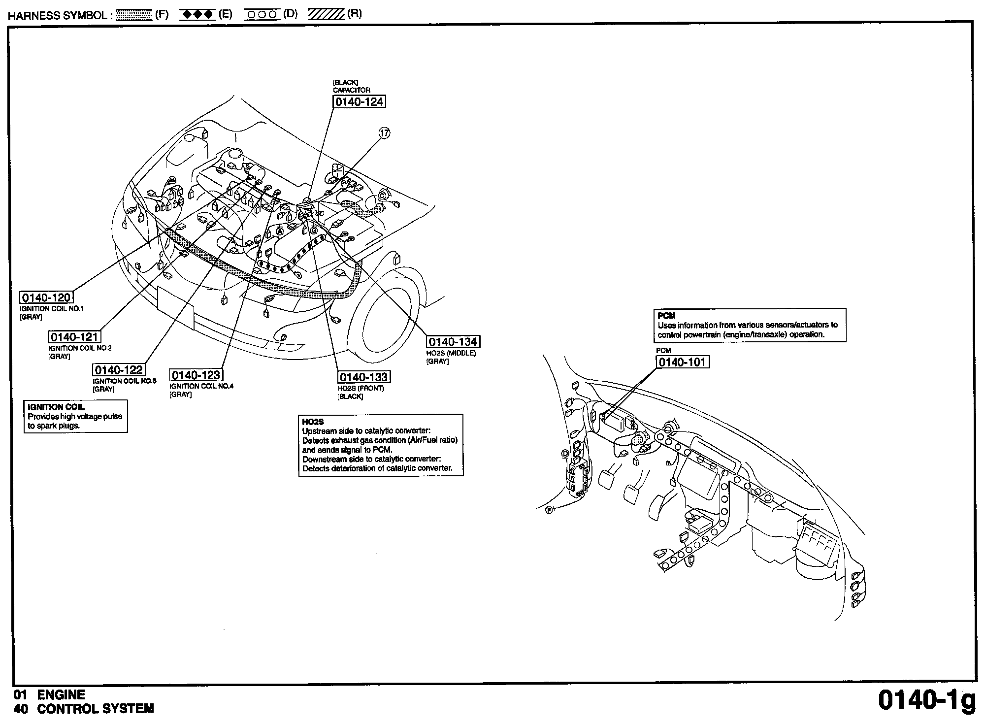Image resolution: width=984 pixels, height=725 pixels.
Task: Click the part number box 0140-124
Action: (x=359, y=102)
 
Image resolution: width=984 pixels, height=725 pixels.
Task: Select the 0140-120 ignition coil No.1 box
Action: (x=46, y=297)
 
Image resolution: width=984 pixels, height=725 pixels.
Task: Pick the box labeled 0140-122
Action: (x=119, y=370)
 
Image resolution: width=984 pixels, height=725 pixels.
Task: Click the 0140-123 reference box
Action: (x=196, y=375)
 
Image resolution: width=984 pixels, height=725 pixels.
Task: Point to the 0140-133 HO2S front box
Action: (x=364, y=377)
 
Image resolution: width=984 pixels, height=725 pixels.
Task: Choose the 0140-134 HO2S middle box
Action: (x=453, y=342)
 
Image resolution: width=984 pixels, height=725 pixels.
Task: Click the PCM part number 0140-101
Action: (x=683, y=362)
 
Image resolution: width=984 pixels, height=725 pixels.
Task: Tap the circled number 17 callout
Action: (x=384, y=133)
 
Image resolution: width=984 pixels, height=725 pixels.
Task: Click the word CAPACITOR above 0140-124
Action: (x=352, y=90)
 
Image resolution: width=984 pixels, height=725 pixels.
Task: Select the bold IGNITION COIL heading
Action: (x=56, y=407)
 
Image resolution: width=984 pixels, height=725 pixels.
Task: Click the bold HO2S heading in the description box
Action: (x=313, y=422)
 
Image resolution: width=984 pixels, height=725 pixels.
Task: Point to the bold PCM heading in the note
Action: (x=666, y=316)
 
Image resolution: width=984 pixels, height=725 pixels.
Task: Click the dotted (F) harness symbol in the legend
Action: (x=134, y=15)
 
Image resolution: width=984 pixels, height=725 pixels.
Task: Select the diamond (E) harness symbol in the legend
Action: (x=197, y=15)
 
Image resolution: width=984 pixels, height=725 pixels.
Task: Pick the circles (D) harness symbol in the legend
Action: (x=262, y=15)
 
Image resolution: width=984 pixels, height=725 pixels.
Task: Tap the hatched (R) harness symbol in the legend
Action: (x=326, y=15)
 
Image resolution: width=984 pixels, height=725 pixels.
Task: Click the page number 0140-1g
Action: (x=926, y=701)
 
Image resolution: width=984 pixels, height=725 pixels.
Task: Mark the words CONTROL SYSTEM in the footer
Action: (x=96, y=709)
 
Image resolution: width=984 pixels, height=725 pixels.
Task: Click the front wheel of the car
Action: (x=389, y=315)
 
